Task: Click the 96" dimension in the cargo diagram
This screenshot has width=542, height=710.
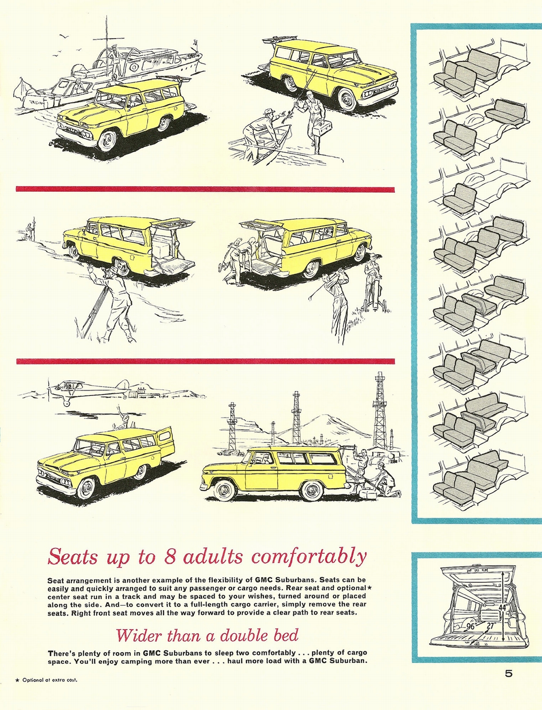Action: pos(470,627)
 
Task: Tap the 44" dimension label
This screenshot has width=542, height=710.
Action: pos(502,607)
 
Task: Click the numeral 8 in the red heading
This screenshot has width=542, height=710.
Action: pos(171,556)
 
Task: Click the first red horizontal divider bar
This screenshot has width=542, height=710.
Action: pos(205,189)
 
